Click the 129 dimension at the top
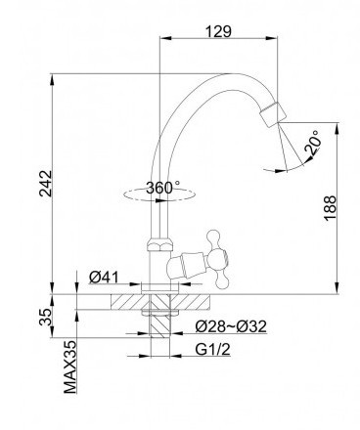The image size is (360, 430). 218,31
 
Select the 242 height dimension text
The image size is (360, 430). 46,184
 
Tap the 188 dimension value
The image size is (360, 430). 330,208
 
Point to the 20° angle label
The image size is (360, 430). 312,142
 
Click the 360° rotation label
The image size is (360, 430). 162,188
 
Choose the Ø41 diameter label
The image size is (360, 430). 104,278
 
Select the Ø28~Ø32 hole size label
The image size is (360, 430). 231,326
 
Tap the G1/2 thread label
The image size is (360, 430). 213,350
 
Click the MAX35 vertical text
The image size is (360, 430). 69,367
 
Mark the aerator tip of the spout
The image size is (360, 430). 273,114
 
